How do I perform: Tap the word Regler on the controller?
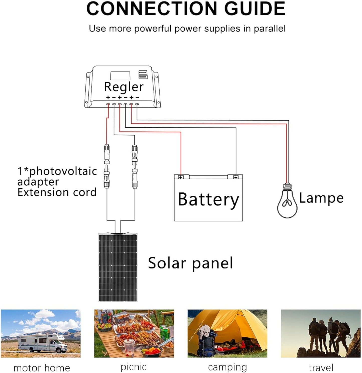(124, 87)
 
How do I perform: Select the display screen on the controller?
(120, 76)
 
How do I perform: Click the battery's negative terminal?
(236, 177)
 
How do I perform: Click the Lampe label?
(321, 198)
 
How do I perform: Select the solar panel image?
(118, 267)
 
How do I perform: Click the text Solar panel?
(190, 263)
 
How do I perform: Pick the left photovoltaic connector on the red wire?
(107, 166)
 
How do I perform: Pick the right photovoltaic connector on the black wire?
(135, 166)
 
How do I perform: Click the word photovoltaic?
(63, 171)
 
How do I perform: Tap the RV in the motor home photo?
(43, 342)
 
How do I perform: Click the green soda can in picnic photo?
(165, 332)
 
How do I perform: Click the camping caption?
(227, 367)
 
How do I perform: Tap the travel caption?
(321, 368)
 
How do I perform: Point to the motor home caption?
(42, 368)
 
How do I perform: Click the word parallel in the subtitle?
(270, 29)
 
